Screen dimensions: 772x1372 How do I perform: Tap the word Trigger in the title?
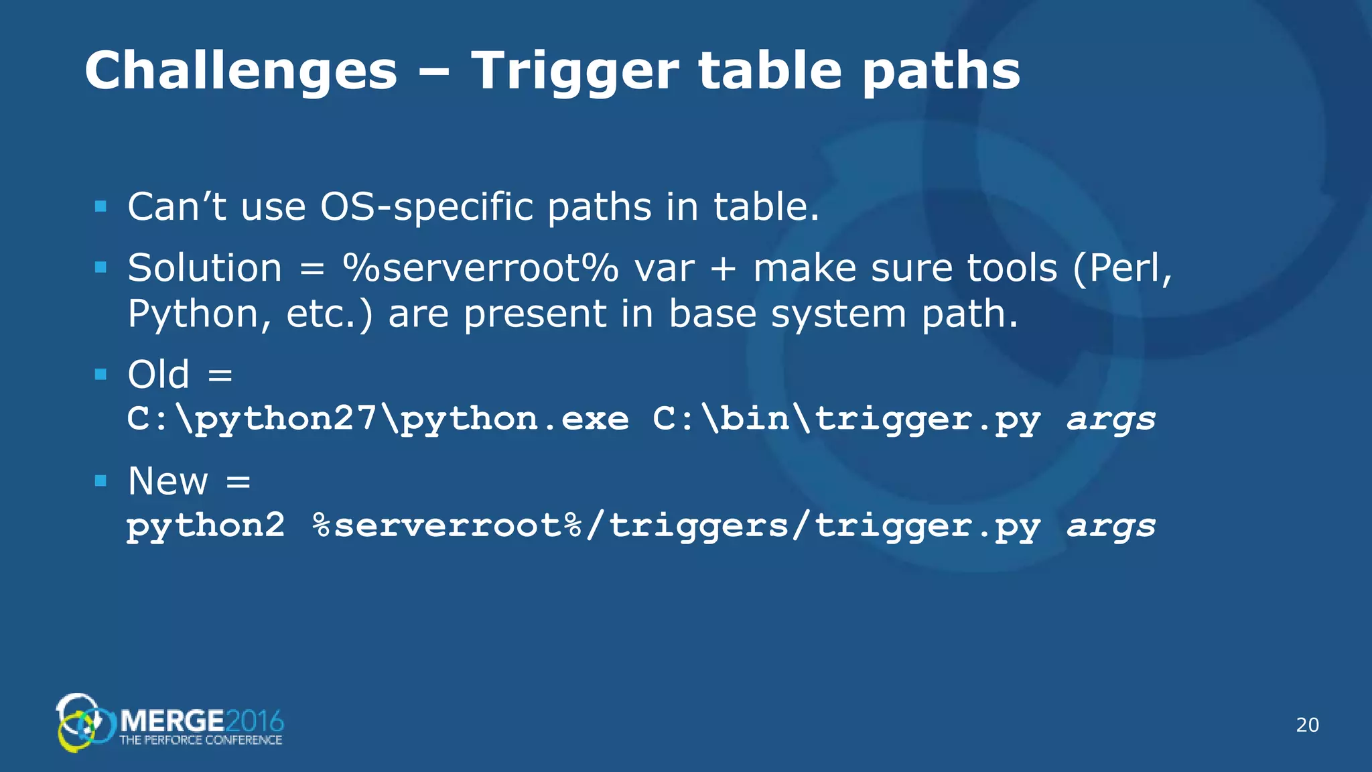click(575, 71)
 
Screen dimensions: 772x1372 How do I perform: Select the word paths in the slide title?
click(941, 71)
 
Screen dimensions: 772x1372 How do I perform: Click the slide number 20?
click(1307, 725)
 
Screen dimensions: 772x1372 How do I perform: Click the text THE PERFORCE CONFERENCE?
click(201, 741)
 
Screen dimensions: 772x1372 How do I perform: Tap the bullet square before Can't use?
click(101, 206)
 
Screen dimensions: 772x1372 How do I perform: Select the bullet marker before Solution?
click(101, 268)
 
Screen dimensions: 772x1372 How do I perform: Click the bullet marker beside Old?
click(101, 374)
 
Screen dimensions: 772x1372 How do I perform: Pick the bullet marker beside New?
click(101, 480)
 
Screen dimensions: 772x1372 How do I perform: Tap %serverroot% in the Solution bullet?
click(480, 268)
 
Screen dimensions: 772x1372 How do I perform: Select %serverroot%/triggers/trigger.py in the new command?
click(677, 525)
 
